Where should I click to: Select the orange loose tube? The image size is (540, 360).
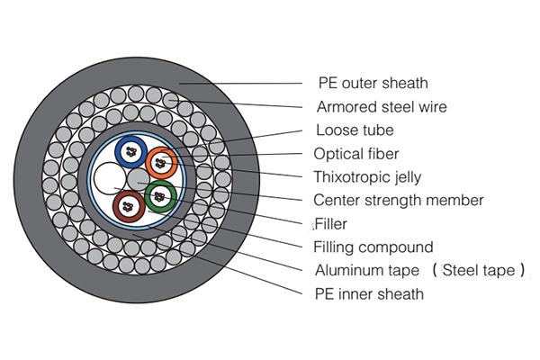pyautogui.click(x=162, y=161)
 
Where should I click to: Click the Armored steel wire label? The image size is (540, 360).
pyautogui.click(x=382, y=107)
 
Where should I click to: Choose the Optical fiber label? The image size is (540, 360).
pyautogui.click(x=356, y=153)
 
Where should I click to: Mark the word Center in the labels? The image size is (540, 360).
pyautogui.click(x=335, y=200)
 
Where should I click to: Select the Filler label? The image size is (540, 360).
pyautogui.click(x=330, y=223)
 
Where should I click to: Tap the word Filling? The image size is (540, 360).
pyautogui.click(x=335, y=247)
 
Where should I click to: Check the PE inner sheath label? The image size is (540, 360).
pyautogui.click(x=368, y=293)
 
